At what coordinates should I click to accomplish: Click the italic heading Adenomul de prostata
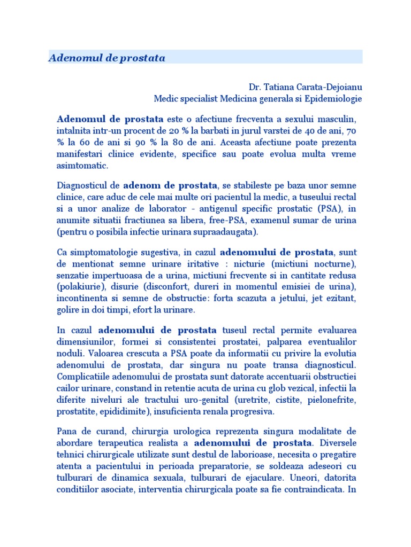point(107,58)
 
